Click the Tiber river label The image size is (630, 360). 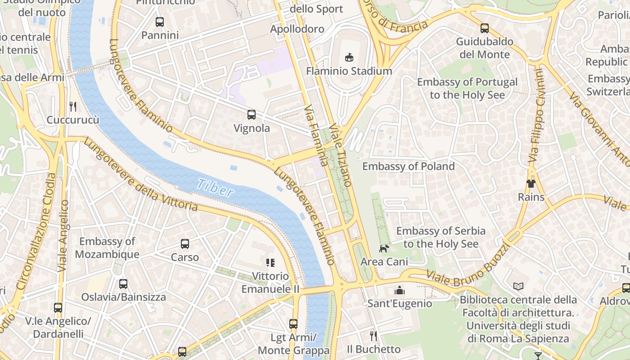pos(216,187)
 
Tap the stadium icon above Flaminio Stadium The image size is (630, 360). pos(349,57)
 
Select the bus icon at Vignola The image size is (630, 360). pos(251,115)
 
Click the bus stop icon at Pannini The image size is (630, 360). pos(160,22)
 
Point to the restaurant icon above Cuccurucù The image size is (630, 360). pos(73,107)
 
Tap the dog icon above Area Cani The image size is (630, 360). pos(384,248)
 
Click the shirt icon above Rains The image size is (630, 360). pos(531,184)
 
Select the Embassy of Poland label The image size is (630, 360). pos(408,166)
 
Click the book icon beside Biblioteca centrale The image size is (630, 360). pos(518,286)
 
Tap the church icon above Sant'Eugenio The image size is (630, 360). pos(400,290)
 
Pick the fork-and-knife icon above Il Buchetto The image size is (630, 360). pos(373,336)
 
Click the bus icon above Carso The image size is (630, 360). pos(185,244)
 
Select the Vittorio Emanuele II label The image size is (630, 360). pos(270,282)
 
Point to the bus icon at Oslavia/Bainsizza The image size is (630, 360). pos(123,284)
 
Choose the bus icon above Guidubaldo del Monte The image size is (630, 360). pos(485,28)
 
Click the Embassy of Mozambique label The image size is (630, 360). pos(107,247)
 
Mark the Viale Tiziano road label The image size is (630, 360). pos(341,155)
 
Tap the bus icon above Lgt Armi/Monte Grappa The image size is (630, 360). pos(293,324)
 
